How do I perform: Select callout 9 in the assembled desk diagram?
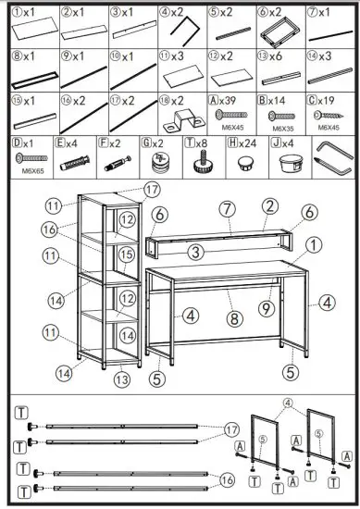[x=265, y=309]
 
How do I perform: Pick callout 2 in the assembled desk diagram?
[x=269, y=204]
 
